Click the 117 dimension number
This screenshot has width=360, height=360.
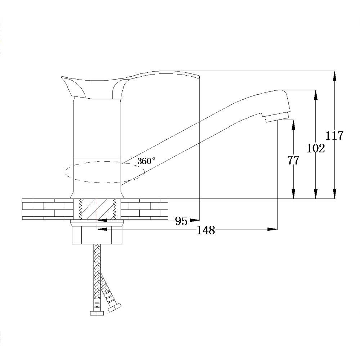coord(334,135)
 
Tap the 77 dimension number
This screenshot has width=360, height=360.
coord(293,160)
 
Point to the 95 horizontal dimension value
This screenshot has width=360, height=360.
coord(181,221)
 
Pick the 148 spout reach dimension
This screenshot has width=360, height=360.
coord(206,230)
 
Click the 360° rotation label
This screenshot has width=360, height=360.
coord(146,161)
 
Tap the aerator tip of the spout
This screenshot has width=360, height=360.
coord(276,117)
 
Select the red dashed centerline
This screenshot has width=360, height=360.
coord(97,209)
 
